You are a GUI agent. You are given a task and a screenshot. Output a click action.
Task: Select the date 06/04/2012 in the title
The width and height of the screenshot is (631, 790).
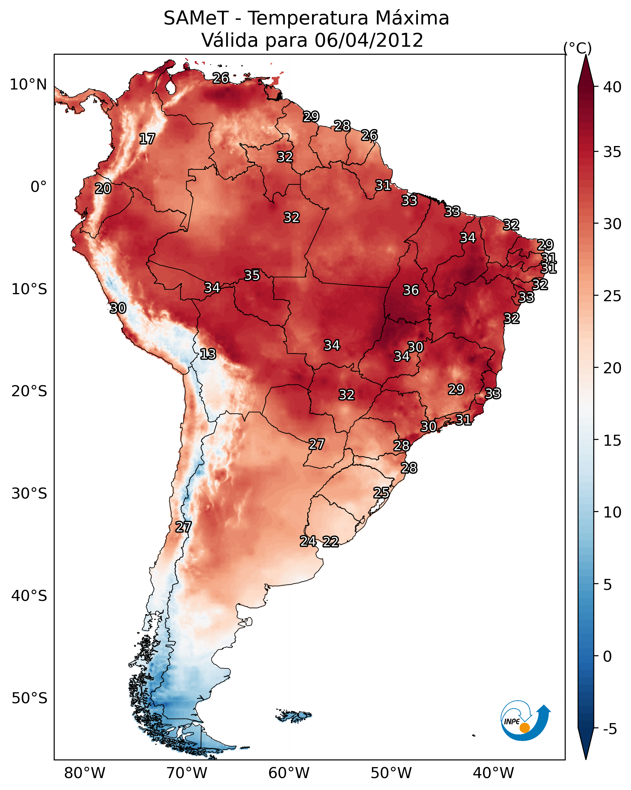tap(368, 40)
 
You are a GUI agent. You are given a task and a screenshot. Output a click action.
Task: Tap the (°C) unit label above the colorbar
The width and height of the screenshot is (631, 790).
tap(577, 48)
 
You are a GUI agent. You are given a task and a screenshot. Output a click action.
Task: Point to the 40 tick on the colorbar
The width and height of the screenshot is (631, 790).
tap(612, 87)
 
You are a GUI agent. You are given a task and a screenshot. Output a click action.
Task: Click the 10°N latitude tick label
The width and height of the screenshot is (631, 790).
tap(28, 85)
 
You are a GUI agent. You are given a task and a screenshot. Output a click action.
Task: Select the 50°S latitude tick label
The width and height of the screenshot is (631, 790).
tap(29, 698)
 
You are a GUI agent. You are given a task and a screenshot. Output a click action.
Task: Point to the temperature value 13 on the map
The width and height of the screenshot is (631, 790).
tap(208, 354)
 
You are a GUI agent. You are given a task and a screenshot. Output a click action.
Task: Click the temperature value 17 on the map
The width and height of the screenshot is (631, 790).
tap(147, 139)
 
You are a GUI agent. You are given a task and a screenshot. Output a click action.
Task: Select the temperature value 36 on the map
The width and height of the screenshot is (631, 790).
tap(411, 290)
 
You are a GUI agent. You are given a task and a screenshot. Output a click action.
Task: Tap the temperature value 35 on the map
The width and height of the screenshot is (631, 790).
tap(252, 275)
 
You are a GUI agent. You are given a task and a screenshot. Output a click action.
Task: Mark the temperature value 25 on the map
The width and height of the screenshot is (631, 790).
tap(381, 492)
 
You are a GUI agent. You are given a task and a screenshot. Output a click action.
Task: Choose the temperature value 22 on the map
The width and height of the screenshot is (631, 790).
tap(330, 542)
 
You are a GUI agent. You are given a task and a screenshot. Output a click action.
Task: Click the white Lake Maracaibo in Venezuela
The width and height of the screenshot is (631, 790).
tap(170, 87)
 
